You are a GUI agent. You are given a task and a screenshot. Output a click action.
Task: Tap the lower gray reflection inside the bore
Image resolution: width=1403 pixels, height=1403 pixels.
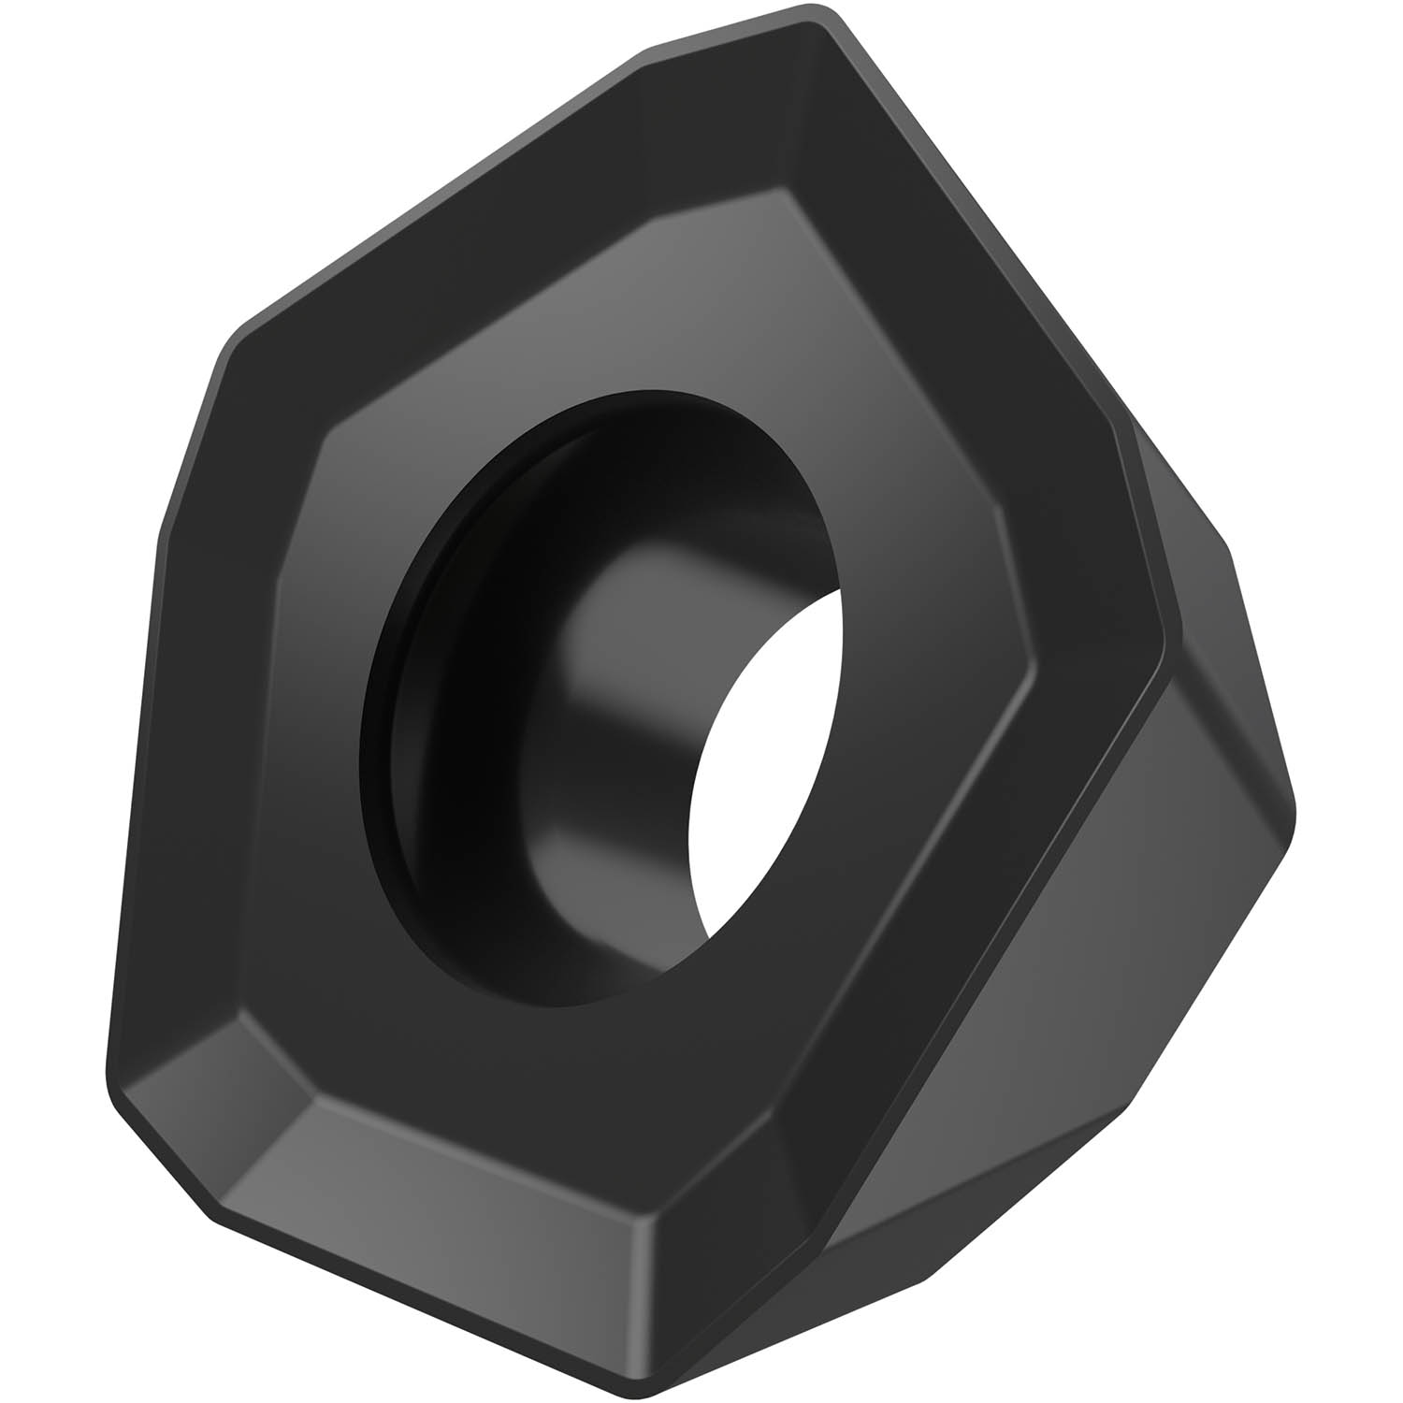[599, 842]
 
